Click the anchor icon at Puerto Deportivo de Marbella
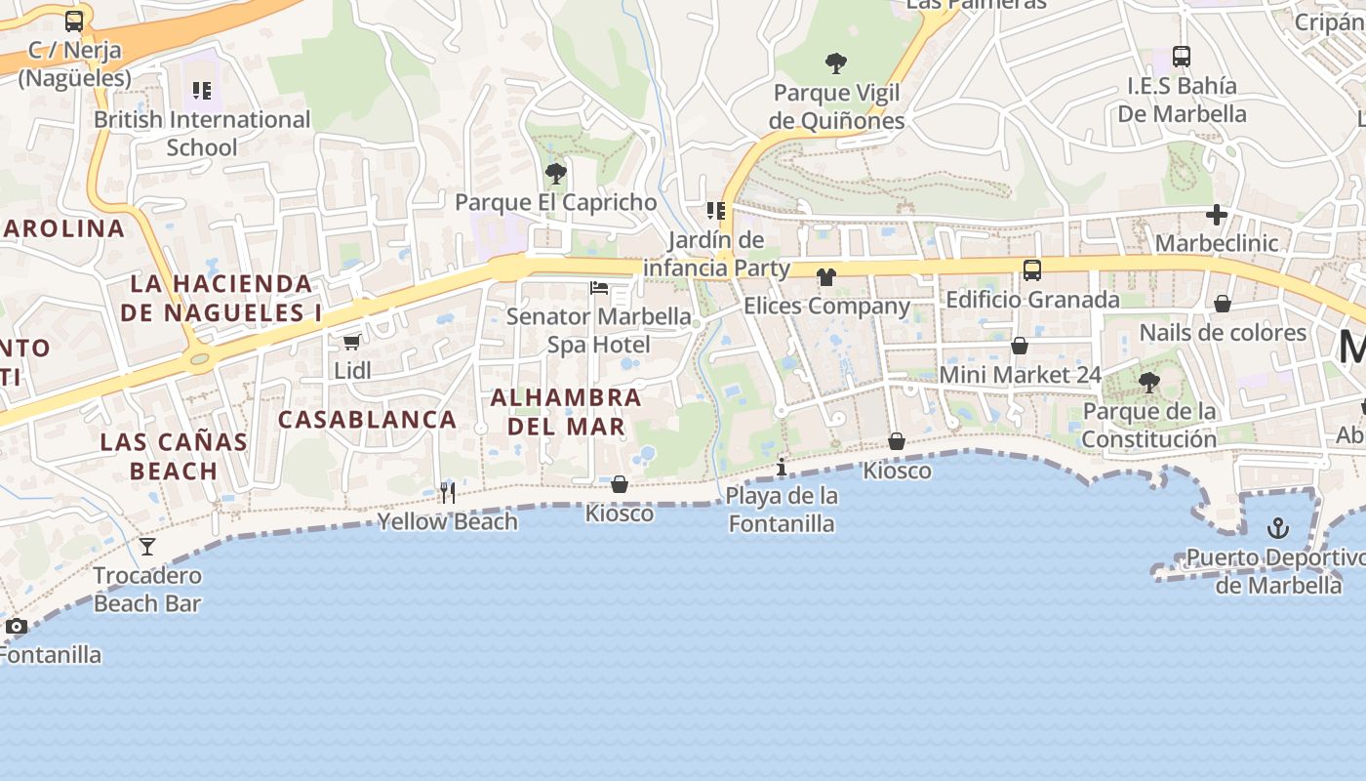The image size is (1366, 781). coord(1277,529)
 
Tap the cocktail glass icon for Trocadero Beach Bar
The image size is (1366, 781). coord(147,547)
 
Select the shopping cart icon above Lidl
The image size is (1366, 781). coord(351,342)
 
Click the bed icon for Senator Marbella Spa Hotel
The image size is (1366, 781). coord(599,288)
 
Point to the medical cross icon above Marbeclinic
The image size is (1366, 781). coord(1216,214)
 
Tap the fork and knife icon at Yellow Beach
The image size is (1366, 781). coord(448,492)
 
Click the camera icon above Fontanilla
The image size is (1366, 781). coord(17,626)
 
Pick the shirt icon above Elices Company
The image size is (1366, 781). coord(826,277)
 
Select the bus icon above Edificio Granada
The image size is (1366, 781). coord(1032,270)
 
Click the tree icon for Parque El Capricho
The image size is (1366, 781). coord(556,174)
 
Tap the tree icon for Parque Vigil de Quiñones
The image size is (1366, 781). coord(836,64)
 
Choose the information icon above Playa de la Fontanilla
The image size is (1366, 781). coord(782,468)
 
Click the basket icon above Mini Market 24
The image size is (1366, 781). coord(1020,346)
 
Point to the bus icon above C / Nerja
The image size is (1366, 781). coord(74,21)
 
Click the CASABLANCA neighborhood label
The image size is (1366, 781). coord(368,420)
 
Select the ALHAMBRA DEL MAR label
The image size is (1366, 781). coord(566,412)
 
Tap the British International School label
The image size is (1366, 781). coord(202,133)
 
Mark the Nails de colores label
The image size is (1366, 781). coord(1223,333)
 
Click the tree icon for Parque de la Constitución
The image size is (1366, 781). coord(1149,383)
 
